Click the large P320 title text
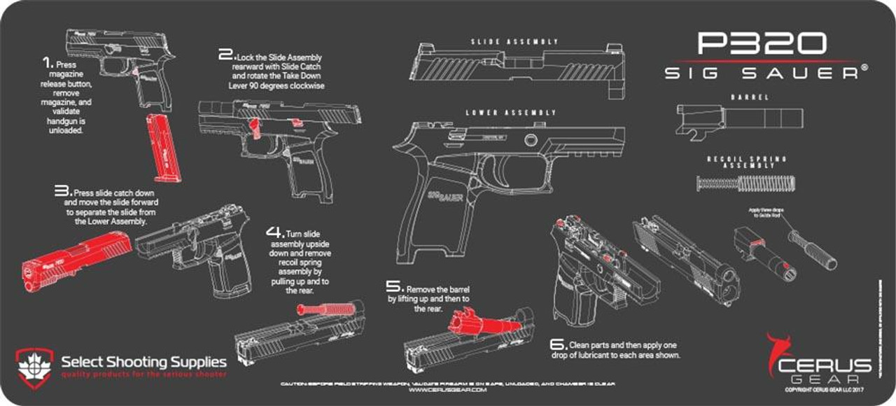[762, 44]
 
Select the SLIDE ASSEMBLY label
[514, 42]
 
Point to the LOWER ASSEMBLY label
[512, 113]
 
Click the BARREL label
[739, 97]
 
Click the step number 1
[47, 62]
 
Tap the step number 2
[225, 55]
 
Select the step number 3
[63, 190]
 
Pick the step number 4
[274, 232]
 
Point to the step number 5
[395, 286]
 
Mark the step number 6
[557, 344]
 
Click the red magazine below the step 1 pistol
[160, 148]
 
